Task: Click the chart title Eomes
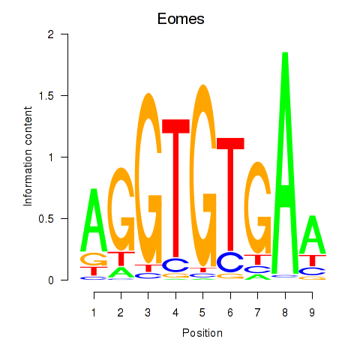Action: [181, 19]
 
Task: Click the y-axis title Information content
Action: [28, 156]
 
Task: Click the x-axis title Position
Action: [202, 333]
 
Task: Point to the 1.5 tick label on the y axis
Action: [46, 96]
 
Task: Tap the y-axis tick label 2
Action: [51, 34]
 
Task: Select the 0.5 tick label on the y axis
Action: [46, 219]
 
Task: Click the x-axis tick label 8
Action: [285, 313]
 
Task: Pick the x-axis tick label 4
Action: [175, 313]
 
